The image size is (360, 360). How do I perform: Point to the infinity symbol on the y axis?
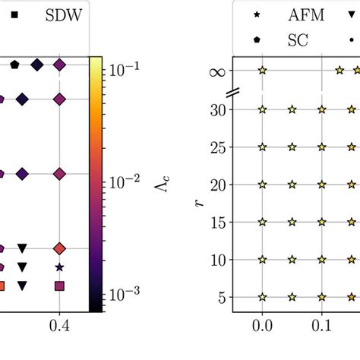pos(216,71)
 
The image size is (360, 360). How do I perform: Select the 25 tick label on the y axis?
pos(216,147)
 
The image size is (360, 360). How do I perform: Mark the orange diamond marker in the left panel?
pos(59,248)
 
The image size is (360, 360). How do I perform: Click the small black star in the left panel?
pos(59,267)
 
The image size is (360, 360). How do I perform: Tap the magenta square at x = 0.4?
pos(59,286)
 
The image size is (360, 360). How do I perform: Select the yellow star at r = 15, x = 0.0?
pos(262,222)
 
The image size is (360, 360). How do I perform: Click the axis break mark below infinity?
pos(232,92)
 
